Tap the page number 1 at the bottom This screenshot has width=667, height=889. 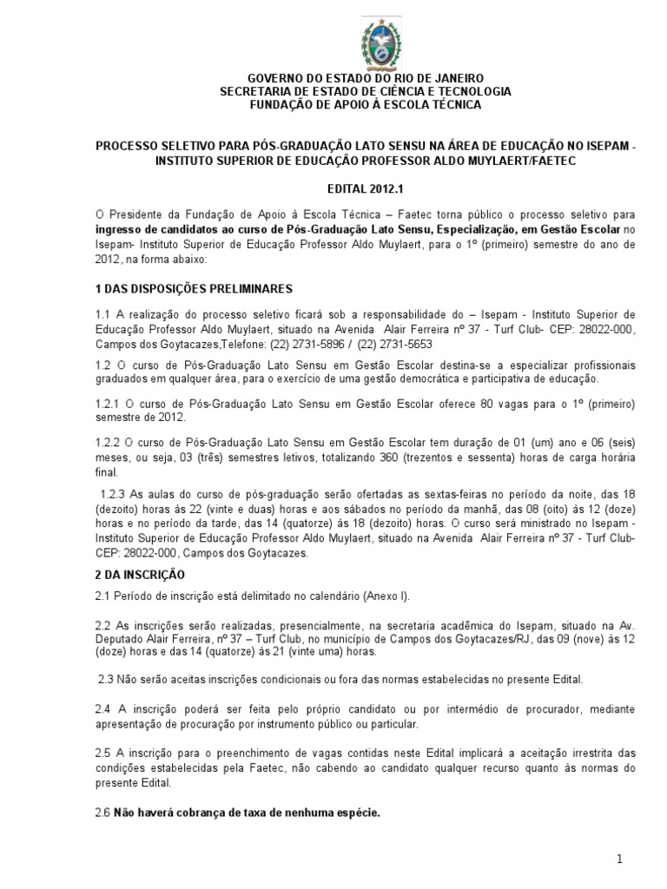[620, 859]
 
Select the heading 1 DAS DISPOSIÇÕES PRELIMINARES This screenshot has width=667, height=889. [194, 288]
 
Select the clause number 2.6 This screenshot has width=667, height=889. [102, 813]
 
